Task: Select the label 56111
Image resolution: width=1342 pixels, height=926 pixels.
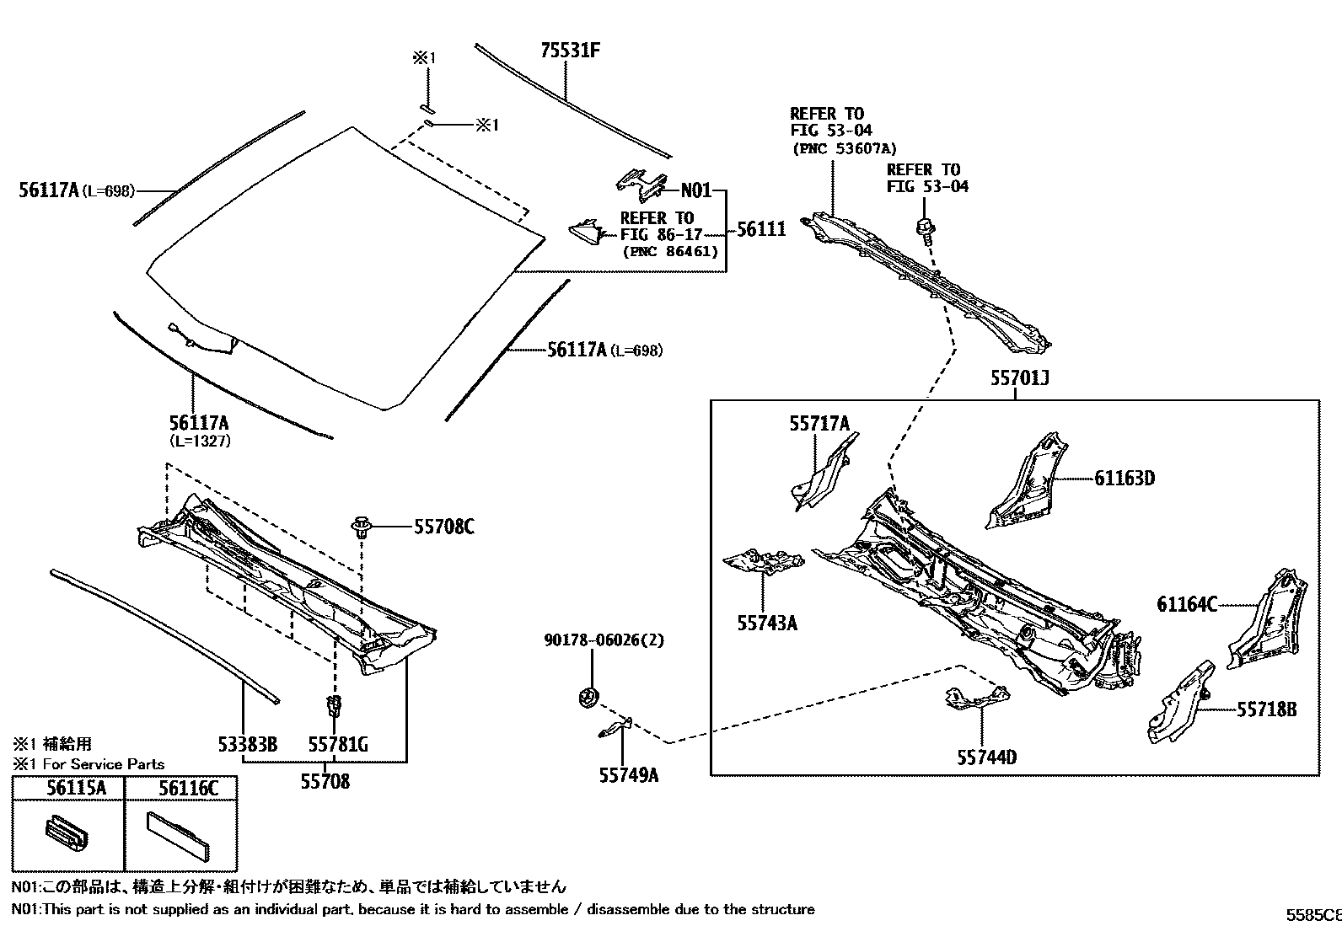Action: (x=761, y=229)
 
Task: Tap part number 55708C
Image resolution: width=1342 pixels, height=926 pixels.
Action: (x=443, y=527)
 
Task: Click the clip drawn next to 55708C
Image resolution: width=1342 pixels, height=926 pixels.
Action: (x=362, y=528)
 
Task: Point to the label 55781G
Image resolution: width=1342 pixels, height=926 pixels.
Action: (x=337, y=745)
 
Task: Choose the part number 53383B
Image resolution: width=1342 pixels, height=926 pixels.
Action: (x=247, y=745)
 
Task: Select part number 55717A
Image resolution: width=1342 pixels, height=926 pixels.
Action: (x=819, y=424)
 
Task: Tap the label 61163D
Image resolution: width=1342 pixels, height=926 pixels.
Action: (x=1125, y=479)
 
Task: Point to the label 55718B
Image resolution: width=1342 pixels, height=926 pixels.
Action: (x=1267, y=709)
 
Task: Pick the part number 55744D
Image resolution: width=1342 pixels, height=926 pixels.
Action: (x=986, y=757)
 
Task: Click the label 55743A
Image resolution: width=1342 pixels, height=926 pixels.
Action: (x=767, y=624)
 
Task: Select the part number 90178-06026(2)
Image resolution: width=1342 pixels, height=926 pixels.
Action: (x=604, y=641)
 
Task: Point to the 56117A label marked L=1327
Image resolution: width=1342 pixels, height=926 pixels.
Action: (x=199, y=424)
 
